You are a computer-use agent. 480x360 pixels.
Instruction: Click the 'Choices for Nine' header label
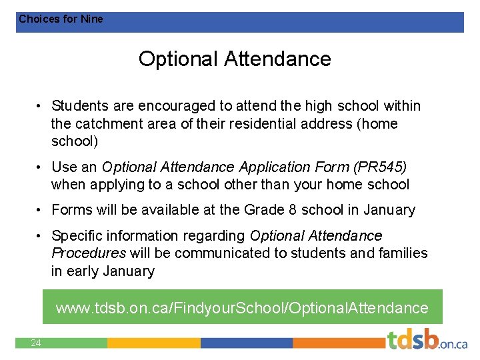coord(61,19)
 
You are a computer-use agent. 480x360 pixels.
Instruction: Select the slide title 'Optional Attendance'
coord(235,59)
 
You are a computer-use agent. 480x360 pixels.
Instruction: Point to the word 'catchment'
coord(109,124)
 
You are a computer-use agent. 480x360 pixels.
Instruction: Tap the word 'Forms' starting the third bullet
coord(72,210)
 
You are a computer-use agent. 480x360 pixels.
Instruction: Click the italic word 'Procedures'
coord(88,253)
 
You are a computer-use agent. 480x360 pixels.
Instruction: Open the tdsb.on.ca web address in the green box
coord(242,308)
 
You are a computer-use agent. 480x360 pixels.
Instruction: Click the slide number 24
coord(35,343)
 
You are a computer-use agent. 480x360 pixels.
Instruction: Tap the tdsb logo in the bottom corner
coord(427,340)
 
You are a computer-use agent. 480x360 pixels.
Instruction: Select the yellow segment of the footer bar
coord(153,343)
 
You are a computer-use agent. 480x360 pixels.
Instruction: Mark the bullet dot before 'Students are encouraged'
coord(41,107)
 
